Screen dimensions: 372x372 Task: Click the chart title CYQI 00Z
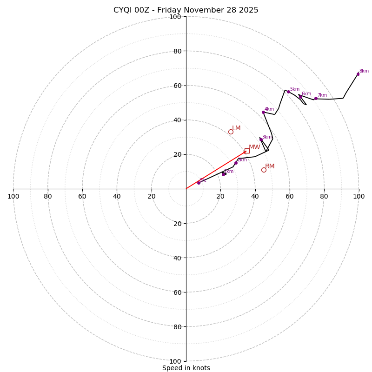[x=186, y=10]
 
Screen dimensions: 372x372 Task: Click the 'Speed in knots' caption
[x=186, y=368]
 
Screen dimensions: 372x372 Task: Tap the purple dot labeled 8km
[x=358, y=74]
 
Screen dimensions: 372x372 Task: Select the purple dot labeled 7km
[x=316, y=98]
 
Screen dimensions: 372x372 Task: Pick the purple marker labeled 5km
[x=288, y=92]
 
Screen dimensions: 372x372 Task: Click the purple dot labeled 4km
[x=263, y=112]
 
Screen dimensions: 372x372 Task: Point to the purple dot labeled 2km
[x=236, y=163]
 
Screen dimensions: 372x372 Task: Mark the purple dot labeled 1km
[x=223, y=174]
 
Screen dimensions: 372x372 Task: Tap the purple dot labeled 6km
[x=300, y=97]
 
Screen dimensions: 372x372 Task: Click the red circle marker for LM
[x=231, y=132]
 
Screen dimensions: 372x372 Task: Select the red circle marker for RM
[x=264, y=170]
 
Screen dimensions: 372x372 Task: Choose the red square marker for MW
[x=247, y=151]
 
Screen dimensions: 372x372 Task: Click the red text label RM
[x=270, y=166]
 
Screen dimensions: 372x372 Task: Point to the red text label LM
[x=236, y=128]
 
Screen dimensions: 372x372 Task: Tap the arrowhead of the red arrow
[x=245, y=152]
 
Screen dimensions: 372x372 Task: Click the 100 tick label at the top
[x=175, y=17]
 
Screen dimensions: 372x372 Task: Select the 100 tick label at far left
[x=13, y=196]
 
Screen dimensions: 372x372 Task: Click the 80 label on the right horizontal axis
[x=324, y=196]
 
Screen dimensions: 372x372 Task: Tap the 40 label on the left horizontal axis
[x=117, y=196]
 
